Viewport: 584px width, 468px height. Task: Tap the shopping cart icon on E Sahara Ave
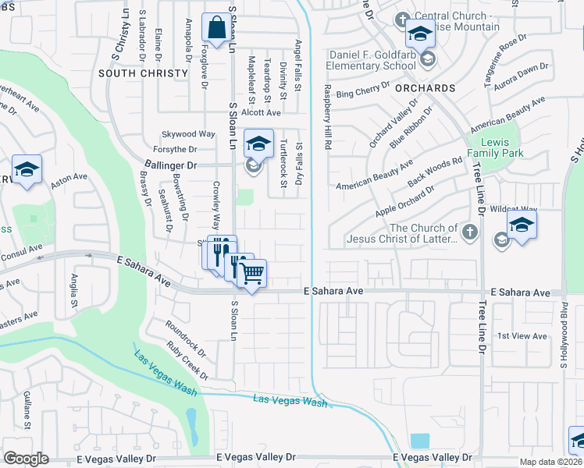point(251,274)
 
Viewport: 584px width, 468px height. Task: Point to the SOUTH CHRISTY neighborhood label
point(144,73)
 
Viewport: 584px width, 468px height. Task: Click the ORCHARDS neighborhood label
point(425,88)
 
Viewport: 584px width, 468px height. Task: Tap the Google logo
point(26,459)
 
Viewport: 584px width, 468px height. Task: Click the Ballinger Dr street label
point(171,165)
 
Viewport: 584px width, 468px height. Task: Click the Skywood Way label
point(187,134)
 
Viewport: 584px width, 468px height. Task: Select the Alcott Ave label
point(260,112)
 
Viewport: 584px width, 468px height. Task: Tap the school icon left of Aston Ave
point(27,170)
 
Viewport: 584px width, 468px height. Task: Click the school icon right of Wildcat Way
point(522,225)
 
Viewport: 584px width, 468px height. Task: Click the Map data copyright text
point(551,462)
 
